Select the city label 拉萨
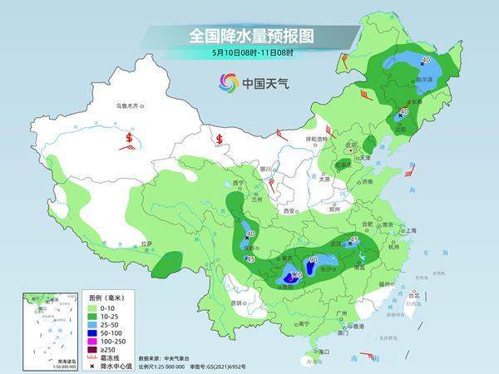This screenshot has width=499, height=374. coord(146,244)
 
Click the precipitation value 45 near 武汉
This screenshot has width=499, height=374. coord(353,241)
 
